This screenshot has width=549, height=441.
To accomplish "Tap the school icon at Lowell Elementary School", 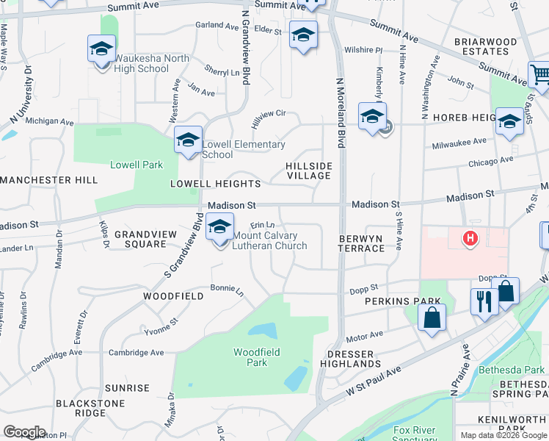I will click(x=188, y=140).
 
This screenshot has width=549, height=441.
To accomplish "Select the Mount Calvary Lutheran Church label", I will click(x=269, y=240).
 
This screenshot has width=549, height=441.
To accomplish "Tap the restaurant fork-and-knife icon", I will click(x=484, y=301).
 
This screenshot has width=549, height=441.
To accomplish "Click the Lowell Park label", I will click(x=137, y=165).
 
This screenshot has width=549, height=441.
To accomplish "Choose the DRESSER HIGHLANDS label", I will click(x=351, y=359).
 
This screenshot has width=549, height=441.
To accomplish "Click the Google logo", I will click(x=24, y=431).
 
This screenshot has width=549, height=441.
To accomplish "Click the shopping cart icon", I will click(x=539, y=74).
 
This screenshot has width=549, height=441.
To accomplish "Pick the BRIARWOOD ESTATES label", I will click(x=481, y=46).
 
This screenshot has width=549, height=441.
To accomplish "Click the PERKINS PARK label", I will click(x=403, y=301).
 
